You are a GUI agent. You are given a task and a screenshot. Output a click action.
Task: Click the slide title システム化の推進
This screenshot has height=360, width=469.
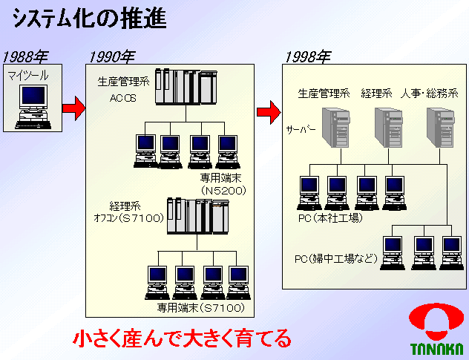click(89, 18)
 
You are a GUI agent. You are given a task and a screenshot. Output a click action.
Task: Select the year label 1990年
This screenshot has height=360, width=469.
click(112, 56)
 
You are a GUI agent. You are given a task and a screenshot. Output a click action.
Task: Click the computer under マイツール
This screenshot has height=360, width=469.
click(33, 103)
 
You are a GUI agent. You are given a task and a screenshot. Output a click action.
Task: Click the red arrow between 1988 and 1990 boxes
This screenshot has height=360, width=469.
click(73, 109)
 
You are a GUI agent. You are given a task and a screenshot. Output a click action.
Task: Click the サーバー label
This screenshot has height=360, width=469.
click(301, 129)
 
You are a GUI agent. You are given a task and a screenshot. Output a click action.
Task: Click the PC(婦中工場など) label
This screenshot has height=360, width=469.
click(336, 259)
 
